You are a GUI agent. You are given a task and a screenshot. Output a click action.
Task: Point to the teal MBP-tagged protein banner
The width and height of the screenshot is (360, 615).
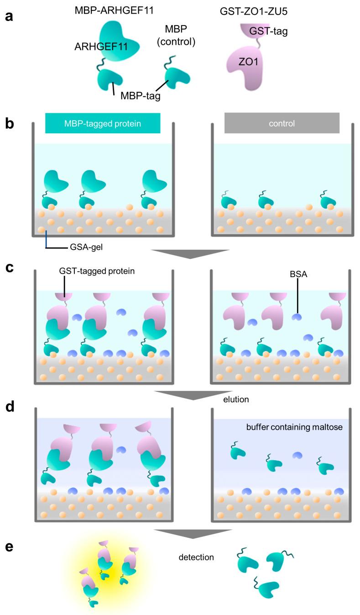click(103, 123)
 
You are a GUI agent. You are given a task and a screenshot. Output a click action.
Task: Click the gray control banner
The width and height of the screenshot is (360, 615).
click(282, 123)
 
